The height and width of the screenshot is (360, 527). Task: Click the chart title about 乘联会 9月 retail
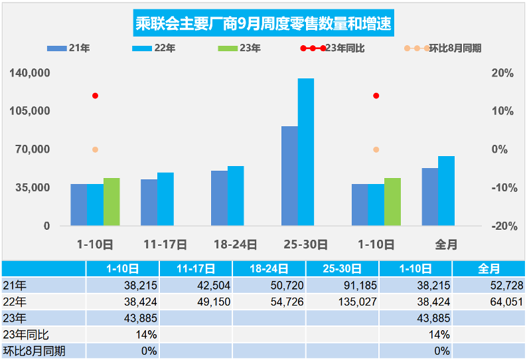tap(263, 25)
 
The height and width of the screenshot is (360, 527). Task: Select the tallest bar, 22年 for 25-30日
tap(306, 152)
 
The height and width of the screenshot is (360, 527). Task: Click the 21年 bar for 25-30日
tap(289, 176)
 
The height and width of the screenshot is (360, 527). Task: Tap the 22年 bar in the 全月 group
tap(446, 191)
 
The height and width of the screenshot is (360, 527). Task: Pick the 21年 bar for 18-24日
tap(219, 198)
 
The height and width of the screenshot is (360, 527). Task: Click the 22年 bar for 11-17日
tap(165, 199)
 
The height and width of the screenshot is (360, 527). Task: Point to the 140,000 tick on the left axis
tap(30, 72)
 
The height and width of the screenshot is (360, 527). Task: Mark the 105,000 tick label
tap(30, 111)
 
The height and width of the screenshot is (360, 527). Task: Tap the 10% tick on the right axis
tap(504, 111)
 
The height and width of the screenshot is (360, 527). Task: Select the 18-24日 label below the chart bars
tap(235, 244)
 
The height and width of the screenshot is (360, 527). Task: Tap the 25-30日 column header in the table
tap(342, 269)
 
